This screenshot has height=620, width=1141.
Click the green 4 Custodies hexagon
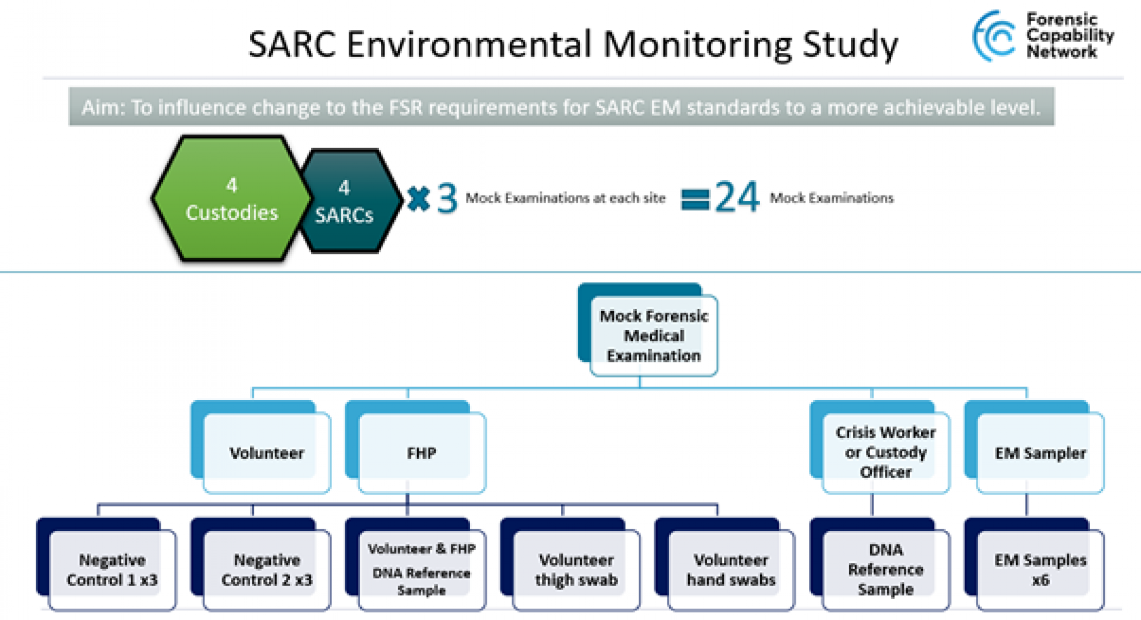click(232, 199)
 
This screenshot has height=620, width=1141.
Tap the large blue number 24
click(737, 197)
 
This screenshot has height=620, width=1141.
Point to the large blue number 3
click(447, 199)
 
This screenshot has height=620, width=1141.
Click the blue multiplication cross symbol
click(418, 199)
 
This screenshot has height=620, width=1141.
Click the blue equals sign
click(695, 199)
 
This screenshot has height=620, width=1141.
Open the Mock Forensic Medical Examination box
click(653, 336)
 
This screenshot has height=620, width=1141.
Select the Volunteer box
click(266, 453)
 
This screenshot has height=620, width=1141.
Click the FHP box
click(421, 453)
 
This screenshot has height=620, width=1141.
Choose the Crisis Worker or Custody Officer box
click(885, 452)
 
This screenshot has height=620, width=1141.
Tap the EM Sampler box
click(1040, 453)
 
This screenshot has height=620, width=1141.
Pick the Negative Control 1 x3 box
click(112, 569)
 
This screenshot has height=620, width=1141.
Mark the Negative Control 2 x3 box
click(266, 569)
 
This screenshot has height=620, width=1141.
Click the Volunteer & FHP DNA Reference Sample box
click(421, 569)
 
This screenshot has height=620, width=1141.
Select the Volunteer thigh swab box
click(576, 569)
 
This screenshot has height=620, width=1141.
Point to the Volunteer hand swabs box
click(731, 569)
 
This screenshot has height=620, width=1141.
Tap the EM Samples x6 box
click(1040, 569)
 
